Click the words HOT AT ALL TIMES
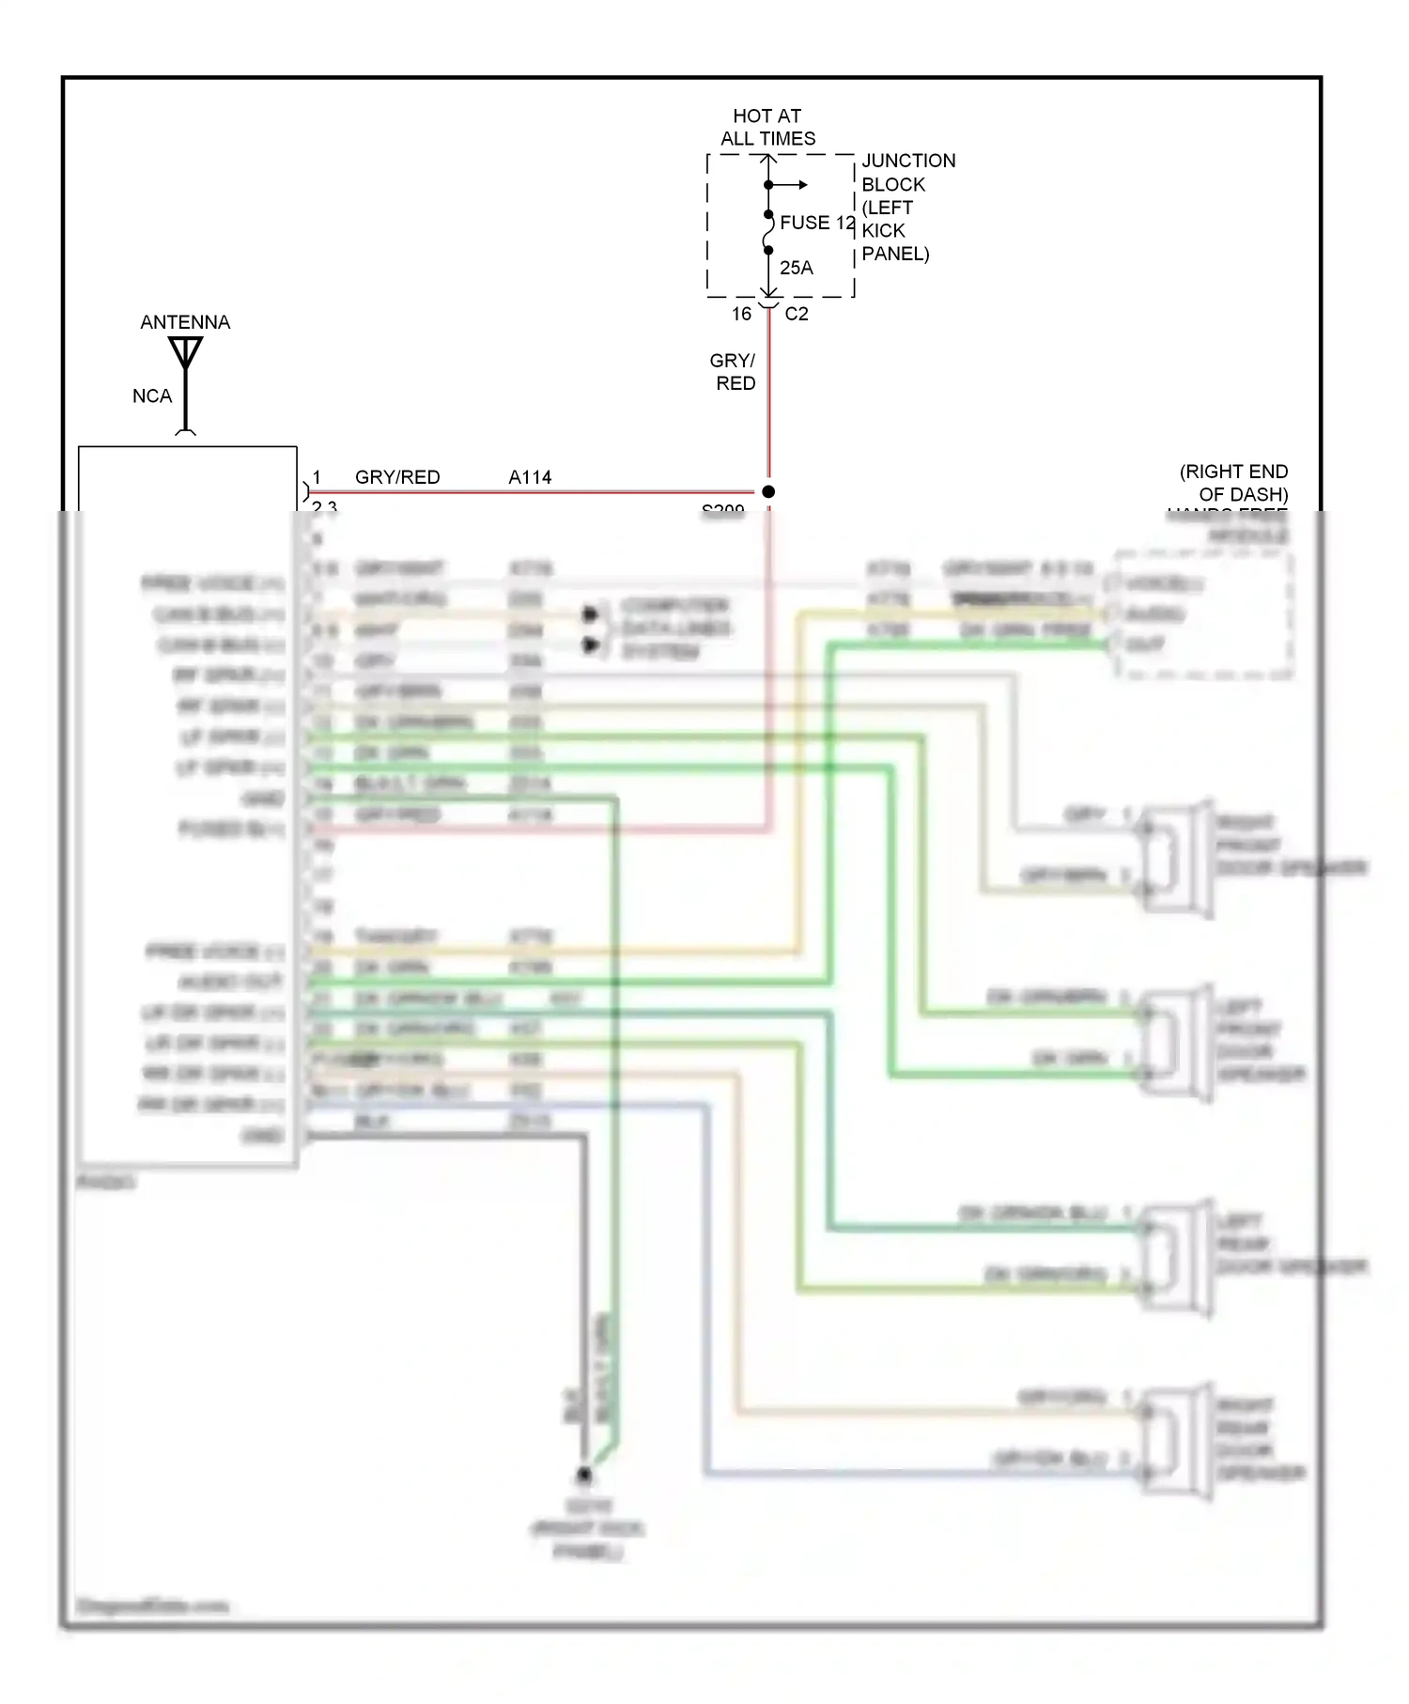click(767, 127)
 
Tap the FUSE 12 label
click(817, 223)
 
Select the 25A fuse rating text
click(796, 268)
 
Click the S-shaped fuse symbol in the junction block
click(768, 233)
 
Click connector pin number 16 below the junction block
click(741, 314)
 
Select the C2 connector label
click(797, 314)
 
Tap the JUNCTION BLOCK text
click(906, 173)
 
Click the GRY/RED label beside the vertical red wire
click(734, 372)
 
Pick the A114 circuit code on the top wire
click(530, 477)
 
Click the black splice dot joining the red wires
click(768, 491)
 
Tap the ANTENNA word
click(185, 322)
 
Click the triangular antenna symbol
click(186, 353)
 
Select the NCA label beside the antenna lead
click(152, 396)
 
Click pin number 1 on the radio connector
click(317, 477)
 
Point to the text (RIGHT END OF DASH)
click(1234, 483)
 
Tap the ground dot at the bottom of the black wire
click(584, 1475)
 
